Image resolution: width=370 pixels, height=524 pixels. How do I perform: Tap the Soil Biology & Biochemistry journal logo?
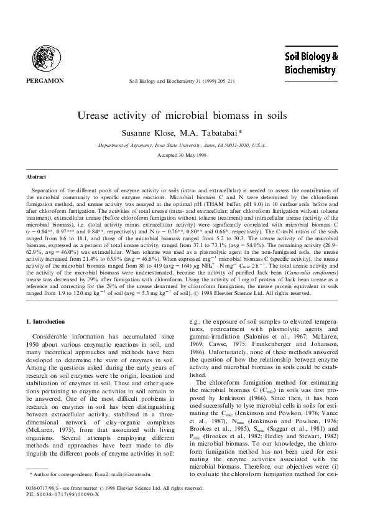pyautogui.click(x=310, y=63)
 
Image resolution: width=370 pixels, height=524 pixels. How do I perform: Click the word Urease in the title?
pyautogui.click(x=115, y=116)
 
